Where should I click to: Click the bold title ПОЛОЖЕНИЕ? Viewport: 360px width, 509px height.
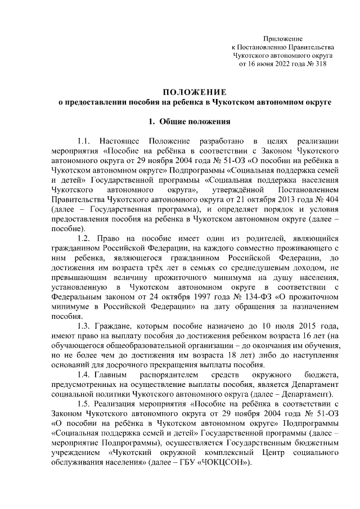tap(195, 92)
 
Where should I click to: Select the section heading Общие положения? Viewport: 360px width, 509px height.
tap(195, 121)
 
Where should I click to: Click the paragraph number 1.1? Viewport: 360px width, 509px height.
tap(83, 141)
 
